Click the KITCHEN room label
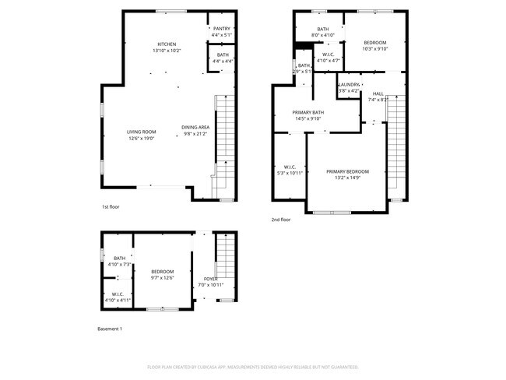coord(167,44)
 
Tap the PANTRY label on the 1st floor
coord(222,29)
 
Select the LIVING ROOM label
coord(142,132)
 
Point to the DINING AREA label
coord(195,127)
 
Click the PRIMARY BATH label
coord(307,113)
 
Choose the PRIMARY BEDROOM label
coord(347,171)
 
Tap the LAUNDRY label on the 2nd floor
coord(349,85)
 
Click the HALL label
coord(378,93)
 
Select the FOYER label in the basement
coord(210,279)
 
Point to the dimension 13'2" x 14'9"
coord(347,178)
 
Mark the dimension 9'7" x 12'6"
coord(162,278)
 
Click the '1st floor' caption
coord(110,207)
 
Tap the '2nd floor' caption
coord(280,220)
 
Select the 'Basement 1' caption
coord(109,329)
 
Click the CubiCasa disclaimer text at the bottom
coord(252,366)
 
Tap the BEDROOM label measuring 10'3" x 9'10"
coord(375,43)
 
